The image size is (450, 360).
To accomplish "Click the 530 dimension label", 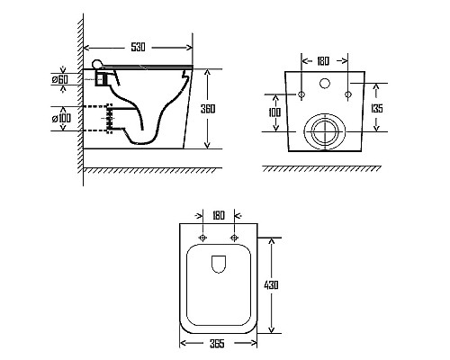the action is (138, 47).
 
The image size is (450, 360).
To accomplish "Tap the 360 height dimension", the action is (208, 109).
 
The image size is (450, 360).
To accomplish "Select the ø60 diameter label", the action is (60, 79).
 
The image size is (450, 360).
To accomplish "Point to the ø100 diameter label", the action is (61, 118).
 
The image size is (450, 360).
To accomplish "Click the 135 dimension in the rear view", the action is (377, 108).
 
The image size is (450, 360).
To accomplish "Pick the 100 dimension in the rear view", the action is (274, 112).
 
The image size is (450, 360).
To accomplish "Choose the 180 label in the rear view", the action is (323, 61).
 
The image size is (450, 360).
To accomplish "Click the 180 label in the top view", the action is (219, 215).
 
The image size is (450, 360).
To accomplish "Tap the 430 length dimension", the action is (271, 284).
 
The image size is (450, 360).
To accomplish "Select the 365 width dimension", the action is (217, 344).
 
